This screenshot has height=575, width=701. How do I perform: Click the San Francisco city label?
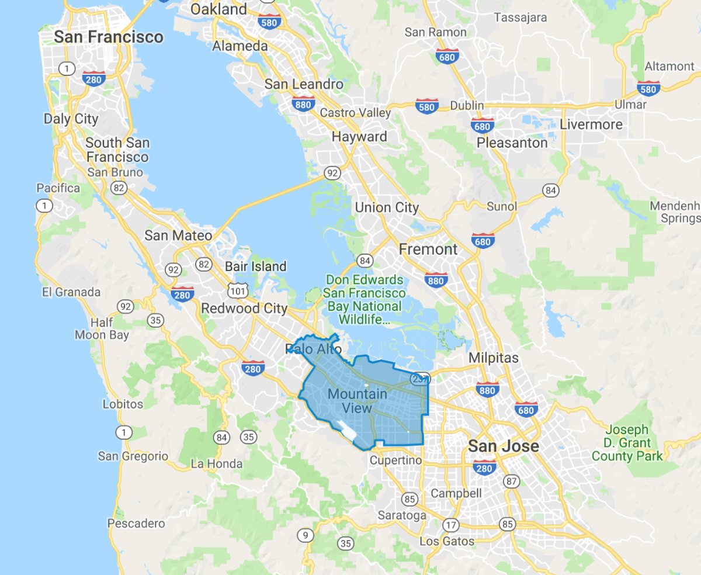(109, 37)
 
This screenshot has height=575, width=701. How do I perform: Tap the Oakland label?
(219, 9)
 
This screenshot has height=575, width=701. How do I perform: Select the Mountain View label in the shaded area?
(357, 401)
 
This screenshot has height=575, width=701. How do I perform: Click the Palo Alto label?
(314, 349)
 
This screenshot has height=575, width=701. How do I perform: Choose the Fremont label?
(428, 250)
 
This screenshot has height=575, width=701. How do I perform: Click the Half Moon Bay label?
(102, 329)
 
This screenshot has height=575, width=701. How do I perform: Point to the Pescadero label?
(136, 524)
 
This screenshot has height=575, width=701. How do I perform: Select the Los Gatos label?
(447, 542)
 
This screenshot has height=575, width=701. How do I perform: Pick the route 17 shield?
(450, 524)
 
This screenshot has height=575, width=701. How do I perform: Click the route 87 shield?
(512, 482)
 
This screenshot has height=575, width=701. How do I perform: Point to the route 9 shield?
(304, 535)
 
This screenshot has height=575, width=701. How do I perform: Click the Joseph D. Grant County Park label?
(627, 442)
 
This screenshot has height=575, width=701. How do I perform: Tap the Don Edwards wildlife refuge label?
(365, 299)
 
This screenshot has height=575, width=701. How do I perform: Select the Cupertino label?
(396, 460)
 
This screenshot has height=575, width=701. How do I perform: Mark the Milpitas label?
(494, 358)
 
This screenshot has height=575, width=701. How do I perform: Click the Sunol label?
(502, 206)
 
